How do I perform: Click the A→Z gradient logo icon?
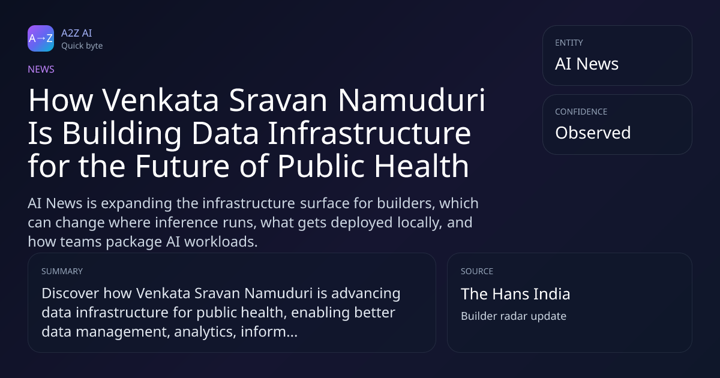point(41,38)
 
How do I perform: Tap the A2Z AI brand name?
point(77,33)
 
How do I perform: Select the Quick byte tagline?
point(82,46)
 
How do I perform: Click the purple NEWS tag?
point(41,69)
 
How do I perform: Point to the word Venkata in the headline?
point(161,100)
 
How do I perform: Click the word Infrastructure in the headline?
point(370,133)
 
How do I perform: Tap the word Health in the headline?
point(421,166)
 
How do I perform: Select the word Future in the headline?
point(182,166)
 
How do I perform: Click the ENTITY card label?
point(569,43)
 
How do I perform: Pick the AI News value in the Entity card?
point(587,64)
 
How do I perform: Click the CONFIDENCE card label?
point(581,112)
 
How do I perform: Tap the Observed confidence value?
point(593,133)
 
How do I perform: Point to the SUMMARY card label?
point(62,271)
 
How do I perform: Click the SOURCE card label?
point(477,271)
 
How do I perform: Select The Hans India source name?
point(515,294)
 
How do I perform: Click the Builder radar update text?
point(514,316)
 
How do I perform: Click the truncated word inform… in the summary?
point(269,331)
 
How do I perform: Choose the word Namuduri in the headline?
point(412,100)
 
